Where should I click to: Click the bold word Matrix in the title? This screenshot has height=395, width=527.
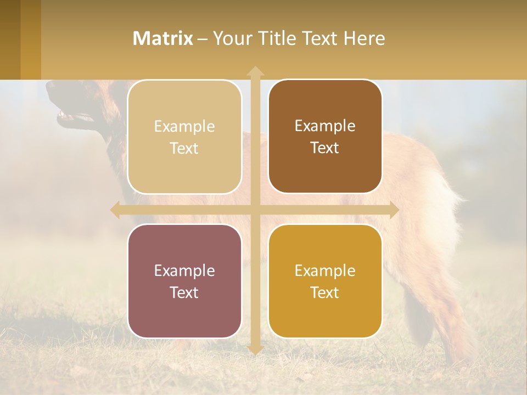162,38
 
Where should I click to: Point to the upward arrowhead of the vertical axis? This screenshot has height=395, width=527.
255,72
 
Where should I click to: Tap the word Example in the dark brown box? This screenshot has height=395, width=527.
325,126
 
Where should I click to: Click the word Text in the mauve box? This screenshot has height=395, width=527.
184,292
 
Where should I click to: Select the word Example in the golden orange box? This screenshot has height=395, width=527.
325,270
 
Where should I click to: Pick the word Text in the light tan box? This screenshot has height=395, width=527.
184,148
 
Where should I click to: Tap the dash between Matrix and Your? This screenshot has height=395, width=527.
203,39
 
